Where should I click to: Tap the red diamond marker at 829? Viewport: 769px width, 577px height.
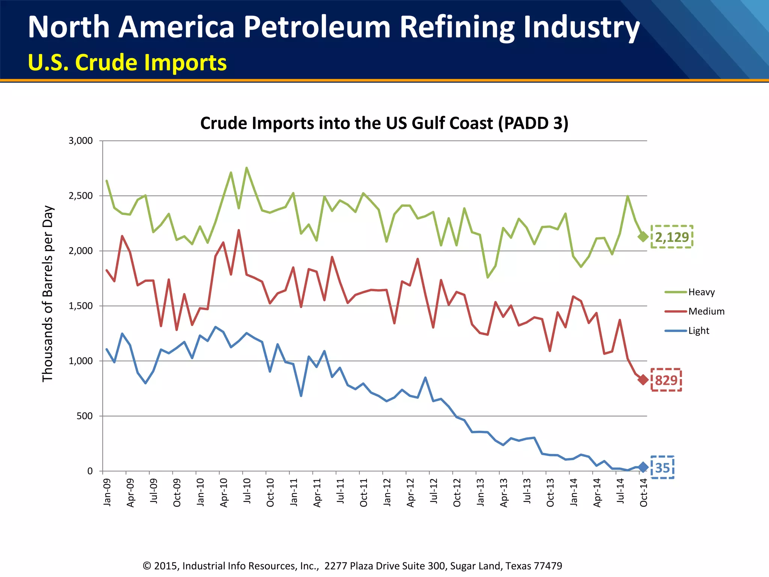click(643, 380)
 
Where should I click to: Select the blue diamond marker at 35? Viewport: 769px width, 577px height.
click(643, 467)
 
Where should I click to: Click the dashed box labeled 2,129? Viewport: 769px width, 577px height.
click(671, 237)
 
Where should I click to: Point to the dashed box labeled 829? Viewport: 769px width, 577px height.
click(666, 380)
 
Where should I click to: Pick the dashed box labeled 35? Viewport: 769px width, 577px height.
click(662, 467)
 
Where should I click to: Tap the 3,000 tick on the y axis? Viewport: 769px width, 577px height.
click(80, 141)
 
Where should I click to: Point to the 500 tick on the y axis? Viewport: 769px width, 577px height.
click(84, 416)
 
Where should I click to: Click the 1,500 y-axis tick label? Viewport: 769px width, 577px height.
click(80, 306)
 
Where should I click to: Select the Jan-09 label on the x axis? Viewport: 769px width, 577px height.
click(107, 492)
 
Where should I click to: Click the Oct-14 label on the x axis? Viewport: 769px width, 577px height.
click(643, 492)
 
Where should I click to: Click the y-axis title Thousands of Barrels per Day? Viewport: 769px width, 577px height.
click(48, 294)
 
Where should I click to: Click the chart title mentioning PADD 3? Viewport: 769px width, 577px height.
click(384, 123)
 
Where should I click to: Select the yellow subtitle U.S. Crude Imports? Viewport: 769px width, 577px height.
click(127, 62)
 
